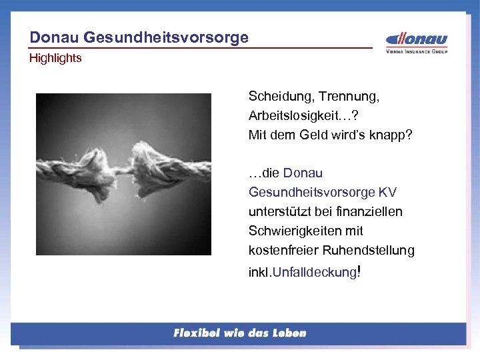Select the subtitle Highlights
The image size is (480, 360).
click(x=55, y=58)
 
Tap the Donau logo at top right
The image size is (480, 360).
click(x=417, y=39)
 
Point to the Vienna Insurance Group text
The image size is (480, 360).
click(x=417, y=51)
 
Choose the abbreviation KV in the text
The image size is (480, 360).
click(x=387, y=193)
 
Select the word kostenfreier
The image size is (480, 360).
click(x=284, y=251)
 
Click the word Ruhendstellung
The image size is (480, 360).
click(x=369, y=251)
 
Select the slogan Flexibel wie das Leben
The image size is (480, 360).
click(x=239, y=333)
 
